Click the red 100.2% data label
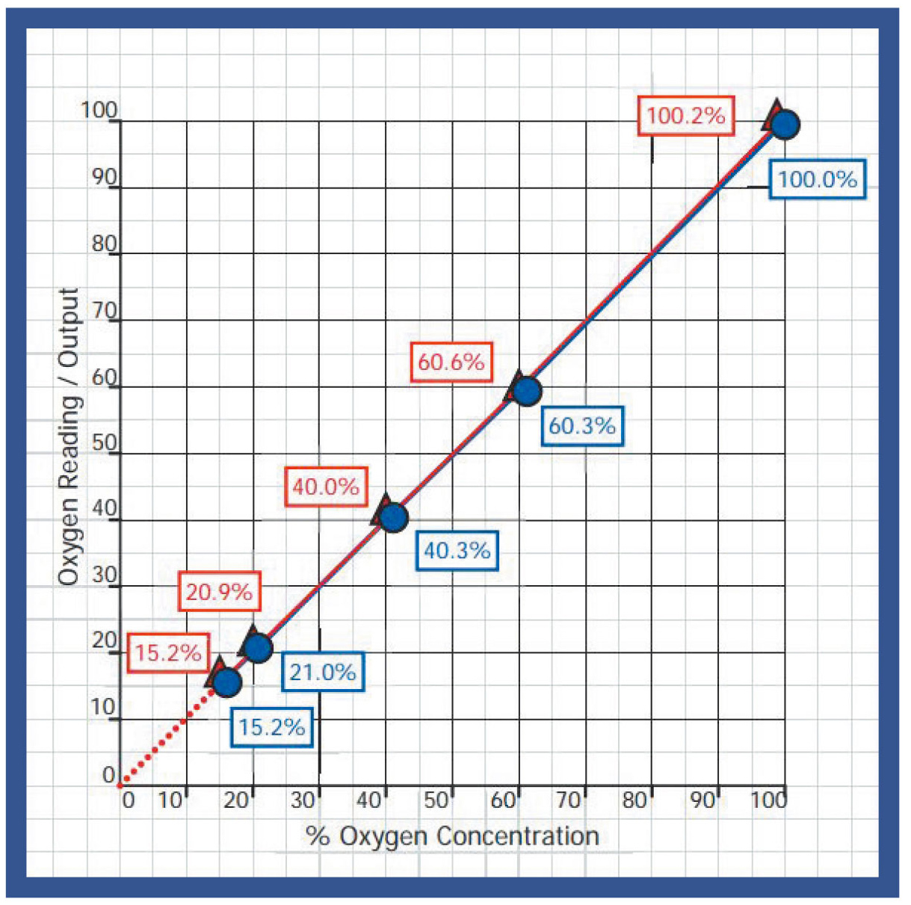click(686, 116)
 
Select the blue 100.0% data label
click(818, 179)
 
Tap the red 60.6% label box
click(451, 362)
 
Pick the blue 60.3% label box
click(582, 426)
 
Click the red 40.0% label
click(326, 487)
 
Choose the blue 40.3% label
click(457, 551)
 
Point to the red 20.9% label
click(219, 592)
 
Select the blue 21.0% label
click(323, 672)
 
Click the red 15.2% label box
click(168, 652)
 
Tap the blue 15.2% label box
click(271, 727)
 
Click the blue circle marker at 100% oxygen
click(785, 124)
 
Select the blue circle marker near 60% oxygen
click(527, 391)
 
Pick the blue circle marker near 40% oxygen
click(393, 517)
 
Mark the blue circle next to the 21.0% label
click(258, 648)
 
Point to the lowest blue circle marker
click(227, 682)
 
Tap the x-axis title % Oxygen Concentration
click(452, 835)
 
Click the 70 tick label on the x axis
click(568, 800)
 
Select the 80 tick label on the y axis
click(104, 244)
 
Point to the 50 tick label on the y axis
click(104, 442)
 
